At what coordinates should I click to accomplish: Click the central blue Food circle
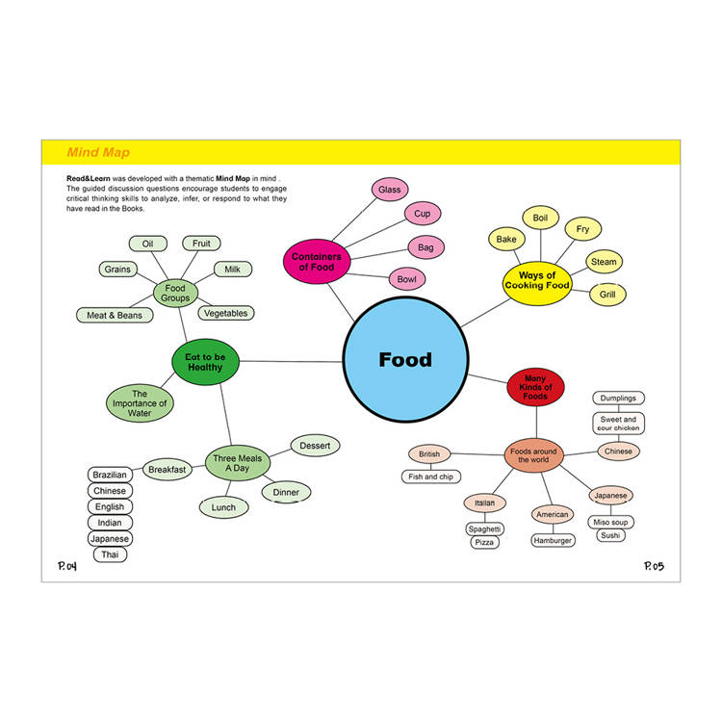(405, 360)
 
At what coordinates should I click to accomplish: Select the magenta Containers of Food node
(317, 261)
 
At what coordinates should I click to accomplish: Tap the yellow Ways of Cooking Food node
(537, 280)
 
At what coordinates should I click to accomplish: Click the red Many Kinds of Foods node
(535, 388)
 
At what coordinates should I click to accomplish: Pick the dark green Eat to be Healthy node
(205, 361)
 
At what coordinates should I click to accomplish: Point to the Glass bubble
(389, 190)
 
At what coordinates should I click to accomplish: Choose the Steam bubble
(604, 262)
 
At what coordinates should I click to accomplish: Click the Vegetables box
(225, 313)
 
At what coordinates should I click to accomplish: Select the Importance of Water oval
(140, 402)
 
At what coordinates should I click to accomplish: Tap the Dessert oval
(315, 446)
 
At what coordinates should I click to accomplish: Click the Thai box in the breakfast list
(109, 554)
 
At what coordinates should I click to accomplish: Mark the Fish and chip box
(431, 477)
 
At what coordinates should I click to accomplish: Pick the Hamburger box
(553, 540)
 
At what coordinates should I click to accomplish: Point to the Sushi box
(609, 535)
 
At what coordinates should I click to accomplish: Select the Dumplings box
(618, 398)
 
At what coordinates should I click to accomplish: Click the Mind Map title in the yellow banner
(98, 152)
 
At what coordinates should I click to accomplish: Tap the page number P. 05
(654, 566)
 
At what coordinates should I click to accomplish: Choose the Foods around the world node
(533, 455)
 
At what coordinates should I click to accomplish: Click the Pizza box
(485, 543)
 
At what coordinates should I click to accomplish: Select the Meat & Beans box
(115, 315)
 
